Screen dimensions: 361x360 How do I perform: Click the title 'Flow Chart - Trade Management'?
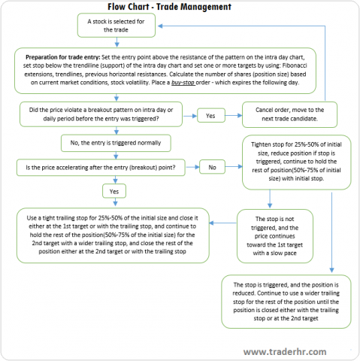tap(180, 7)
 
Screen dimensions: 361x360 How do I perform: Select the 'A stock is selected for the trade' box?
tap(116, 26)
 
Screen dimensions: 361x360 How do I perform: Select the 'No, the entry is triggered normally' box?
tap(115, 141)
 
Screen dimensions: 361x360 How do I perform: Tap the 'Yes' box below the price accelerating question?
tap(115, 191)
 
